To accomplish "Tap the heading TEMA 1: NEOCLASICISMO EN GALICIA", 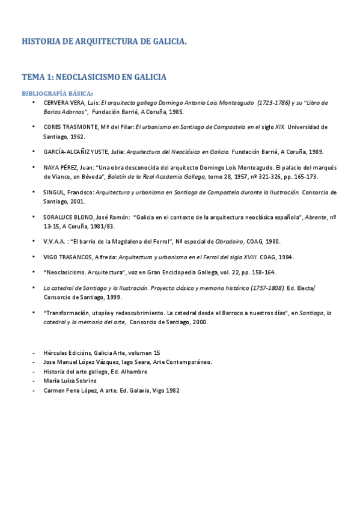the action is (x=94, y=77).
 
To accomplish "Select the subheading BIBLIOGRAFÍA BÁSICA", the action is (x=57, y=93).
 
